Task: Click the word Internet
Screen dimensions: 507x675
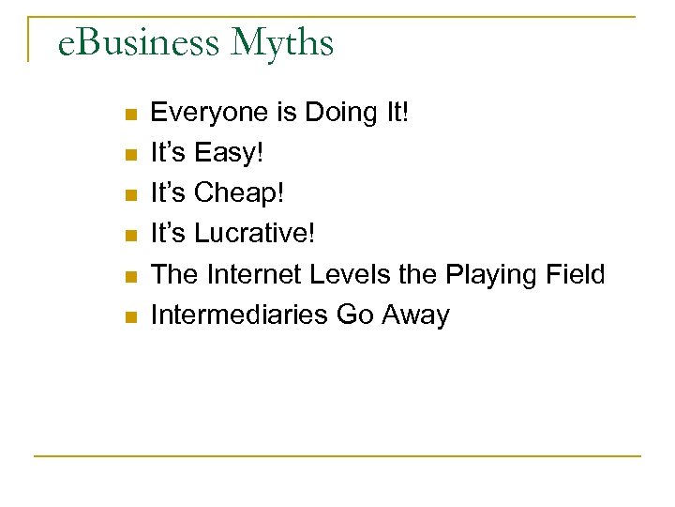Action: [x=247, y=275]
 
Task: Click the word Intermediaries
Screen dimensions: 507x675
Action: [x=239, y=315]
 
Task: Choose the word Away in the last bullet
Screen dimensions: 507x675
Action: [x=415, y=315]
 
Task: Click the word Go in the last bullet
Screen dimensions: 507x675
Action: [x=354, y=315]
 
